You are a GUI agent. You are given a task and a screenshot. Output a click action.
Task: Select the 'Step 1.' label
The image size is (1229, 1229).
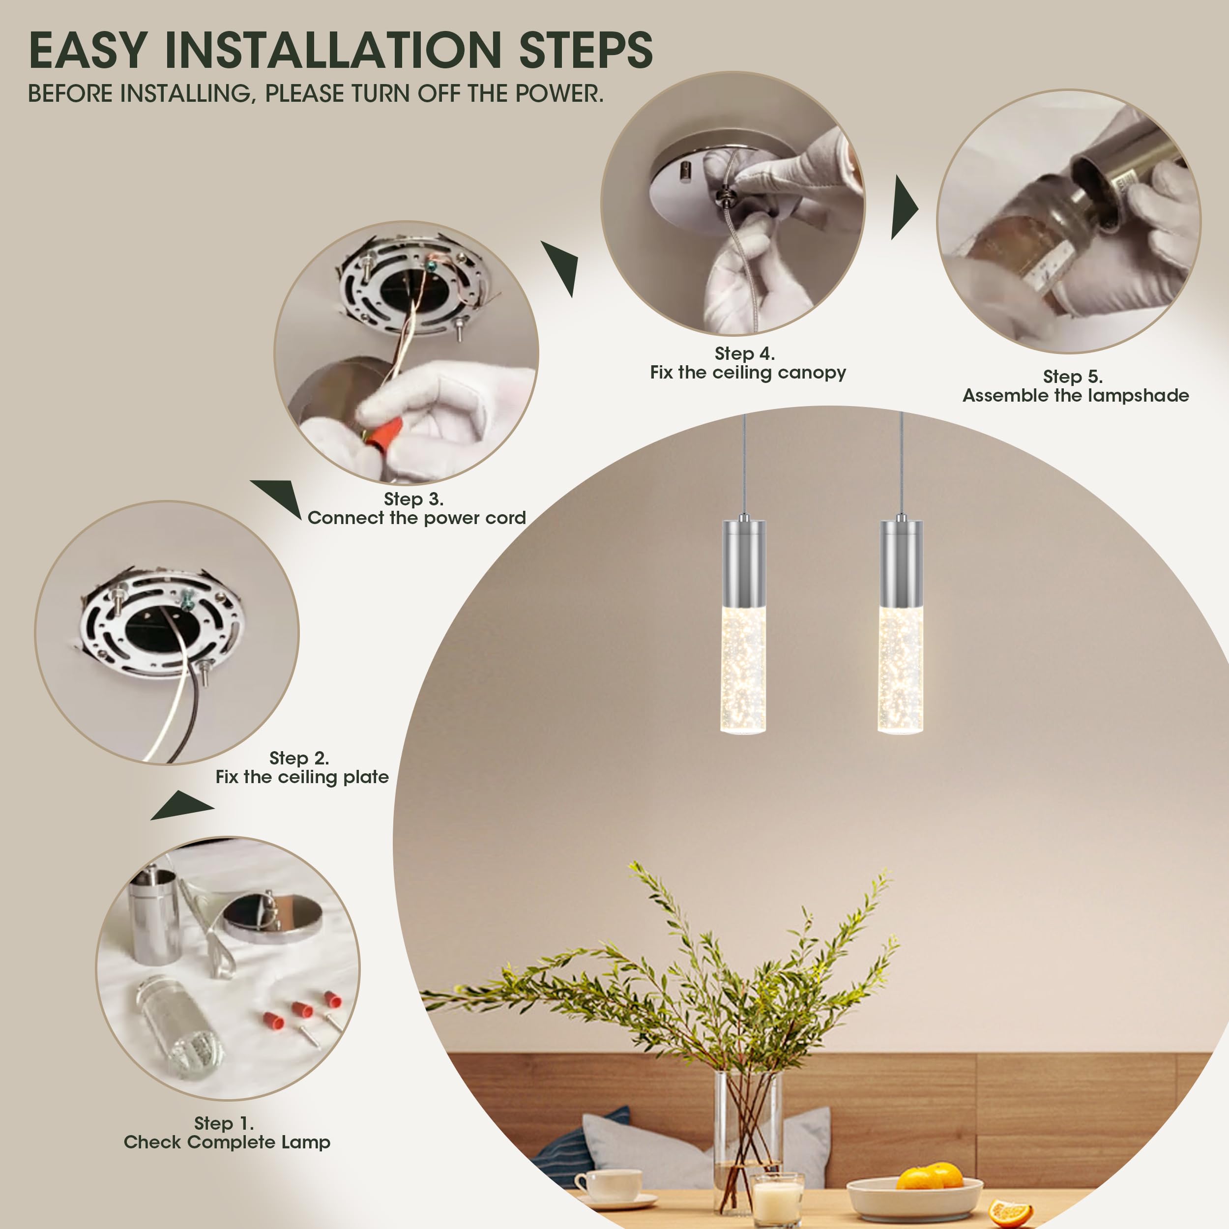(224, 1123)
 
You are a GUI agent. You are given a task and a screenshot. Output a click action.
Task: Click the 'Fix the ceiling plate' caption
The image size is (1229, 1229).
(302, 777)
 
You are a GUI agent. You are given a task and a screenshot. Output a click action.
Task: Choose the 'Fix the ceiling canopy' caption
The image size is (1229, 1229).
(748, 372)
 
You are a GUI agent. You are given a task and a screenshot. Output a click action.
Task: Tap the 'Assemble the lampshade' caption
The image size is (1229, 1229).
(1076, 395)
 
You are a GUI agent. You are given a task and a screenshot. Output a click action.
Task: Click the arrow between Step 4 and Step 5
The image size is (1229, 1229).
(905, 207)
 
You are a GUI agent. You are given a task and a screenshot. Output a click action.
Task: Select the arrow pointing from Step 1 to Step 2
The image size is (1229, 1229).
(182, 805)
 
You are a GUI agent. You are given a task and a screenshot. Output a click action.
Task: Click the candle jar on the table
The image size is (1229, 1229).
(777, 1200)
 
